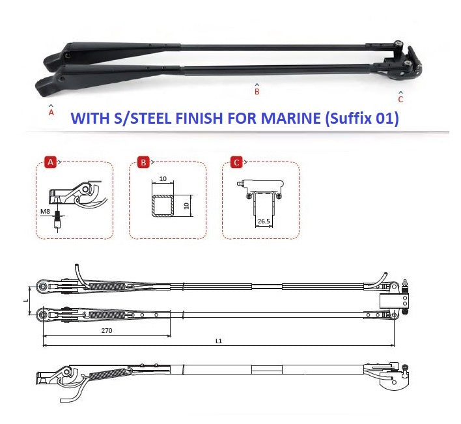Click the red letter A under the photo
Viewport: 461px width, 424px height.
(51, 113)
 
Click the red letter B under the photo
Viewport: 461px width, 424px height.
(257, 92)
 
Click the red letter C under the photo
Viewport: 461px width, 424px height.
(400, 100)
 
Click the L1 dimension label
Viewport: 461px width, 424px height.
(219, 341)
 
